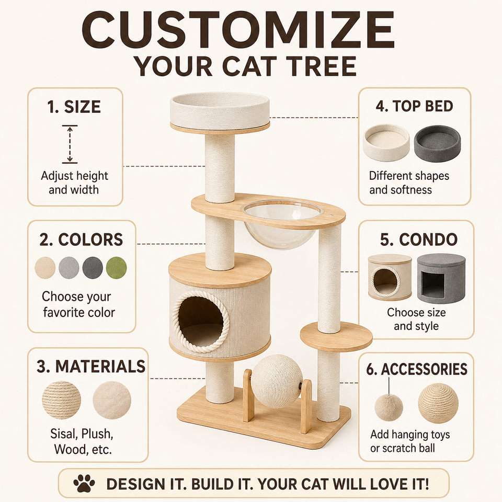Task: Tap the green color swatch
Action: [116, 268]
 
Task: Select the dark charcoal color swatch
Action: [93, 268]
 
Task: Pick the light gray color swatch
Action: [69, 268]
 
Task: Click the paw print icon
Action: [84, 483]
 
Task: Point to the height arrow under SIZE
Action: [70, 144]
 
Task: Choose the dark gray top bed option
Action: [437, 143]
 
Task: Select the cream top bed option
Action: [386, 143]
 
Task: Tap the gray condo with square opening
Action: [441, 278]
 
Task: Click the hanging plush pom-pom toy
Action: [389, 407]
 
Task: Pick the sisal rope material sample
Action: [61, 400]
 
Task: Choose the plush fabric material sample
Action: [112, 400]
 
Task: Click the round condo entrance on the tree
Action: [201, 321]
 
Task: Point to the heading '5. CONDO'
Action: [419, 239]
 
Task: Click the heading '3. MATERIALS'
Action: [91, 366]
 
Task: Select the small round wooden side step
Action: [336, 337]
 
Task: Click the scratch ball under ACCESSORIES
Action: [438, 403]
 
